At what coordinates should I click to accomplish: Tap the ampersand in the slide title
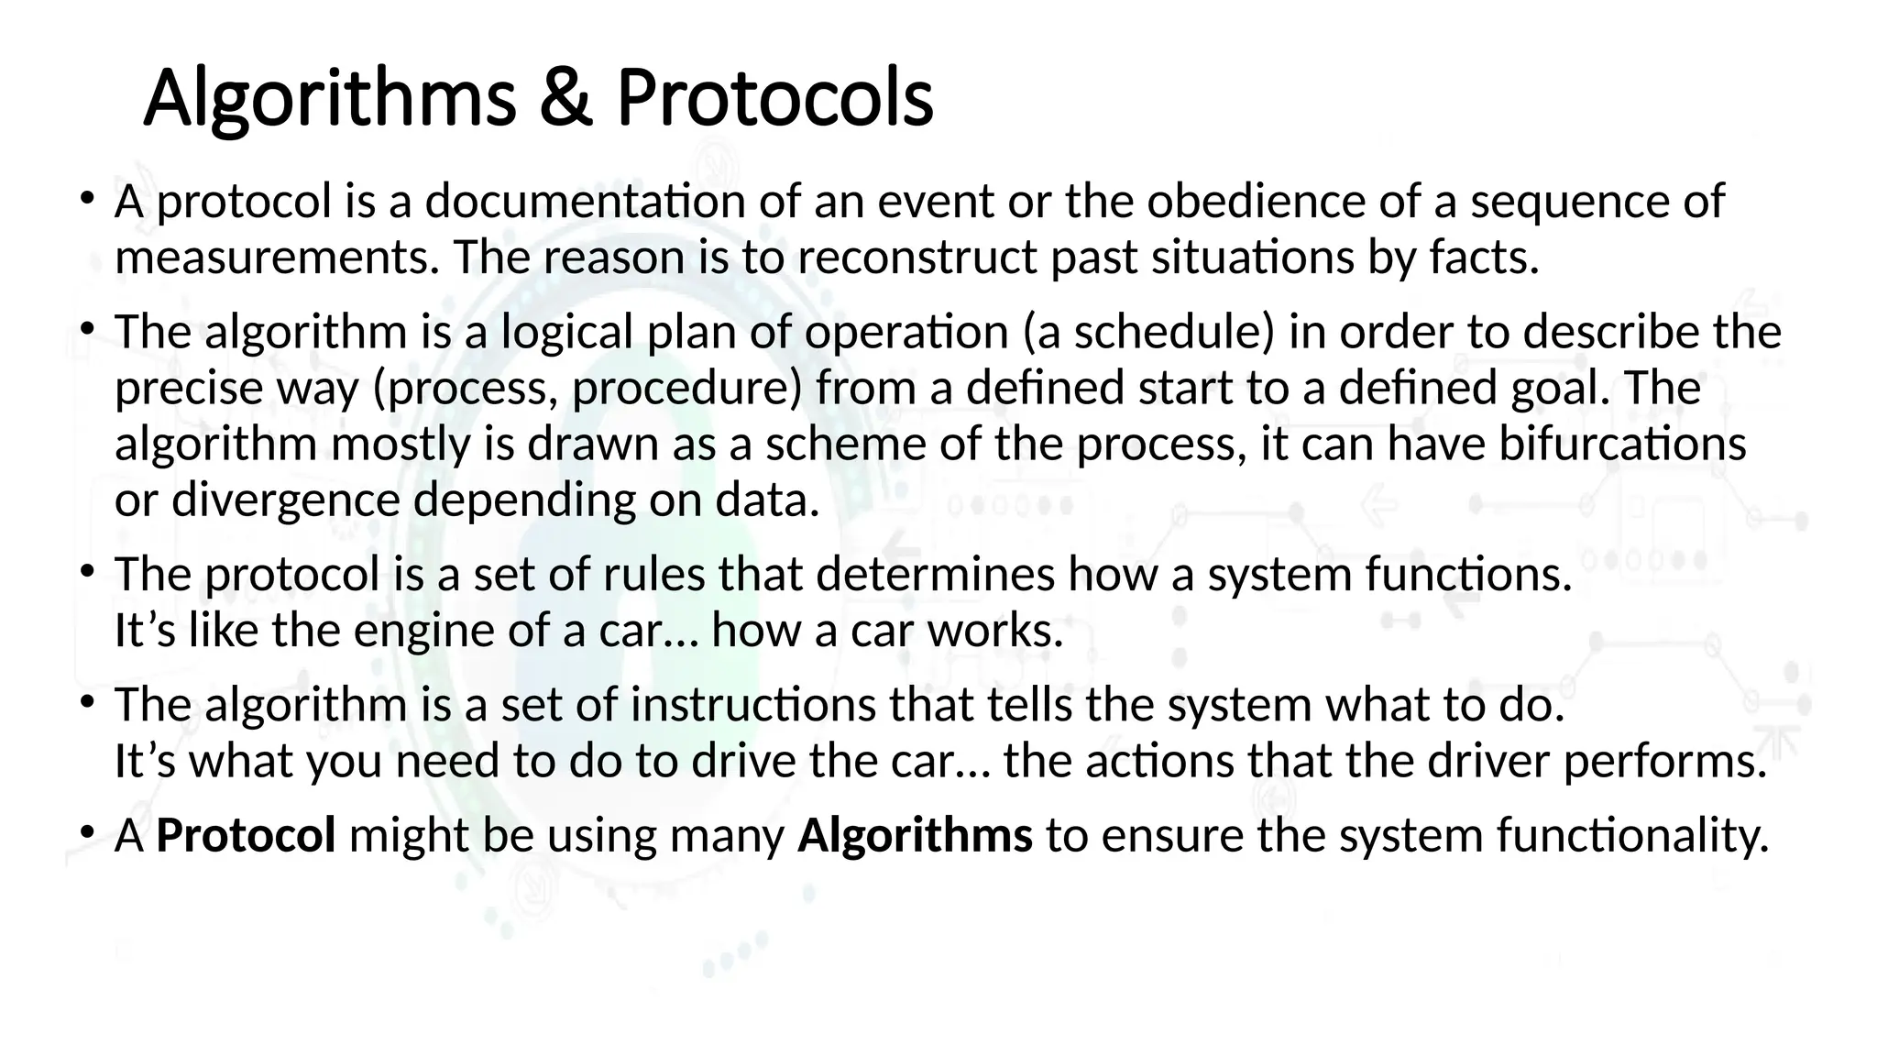click(x=565, y=98)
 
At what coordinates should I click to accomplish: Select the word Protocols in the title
click(x=774, y=98)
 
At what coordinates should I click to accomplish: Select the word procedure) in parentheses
click(x=687, y=389)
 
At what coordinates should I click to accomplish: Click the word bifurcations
click(x=1622, y=445)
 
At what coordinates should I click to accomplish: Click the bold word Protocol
click(x=246, y=836)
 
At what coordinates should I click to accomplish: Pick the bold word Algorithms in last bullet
click(x=915, y=836)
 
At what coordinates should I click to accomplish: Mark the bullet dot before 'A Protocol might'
click(x=87, y=831)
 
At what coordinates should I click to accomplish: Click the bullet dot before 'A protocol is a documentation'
click(x=87, y=197)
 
